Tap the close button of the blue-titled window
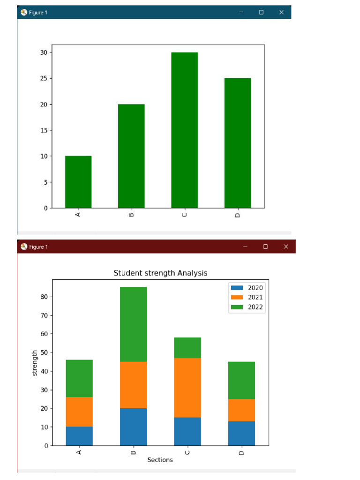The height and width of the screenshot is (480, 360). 281,12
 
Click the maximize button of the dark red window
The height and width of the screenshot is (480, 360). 265,247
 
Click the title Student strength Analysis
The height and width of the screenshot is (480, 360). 160,273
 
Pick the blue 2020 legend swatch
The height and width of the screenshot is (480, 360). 237,287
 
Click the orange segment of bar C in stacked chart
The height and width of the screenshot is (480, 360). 187,388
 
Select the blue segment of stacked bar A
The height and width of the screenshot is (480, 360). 79,436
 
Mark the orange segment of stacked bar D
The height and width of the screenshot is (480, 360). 241,410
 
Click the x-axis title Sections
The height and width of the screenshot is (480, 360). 160,460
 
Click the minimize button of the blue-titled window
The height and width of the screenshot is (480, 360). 241,12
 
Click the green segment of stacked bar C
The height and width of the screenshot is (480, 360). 187,348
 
